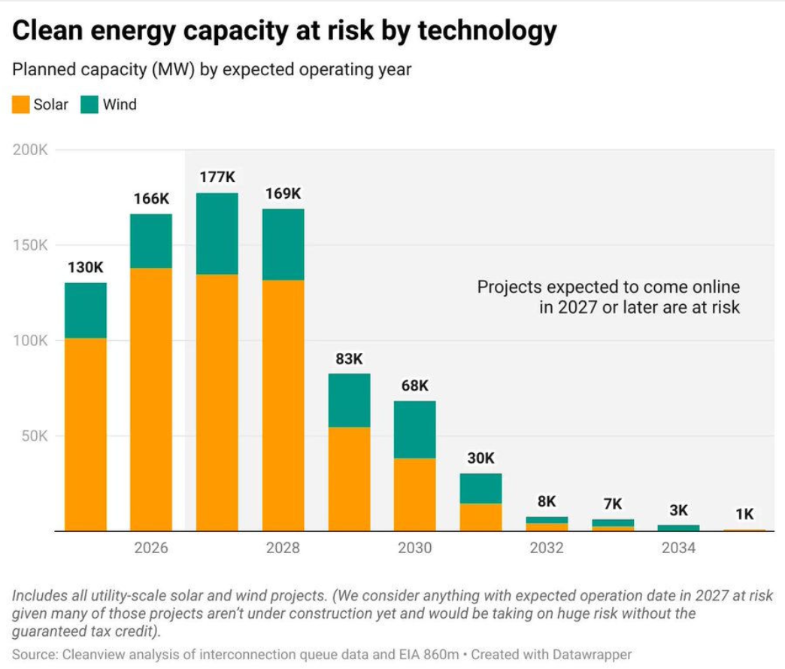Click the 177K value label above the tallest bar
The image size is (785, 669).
click(x=217, y=178)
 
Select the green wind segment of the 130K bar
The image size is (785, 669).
click(x=86, y=310)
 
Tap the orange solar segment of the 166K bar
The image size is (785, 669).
click(x=151, y=399)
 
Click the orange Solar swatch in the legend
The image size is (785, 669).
click(x=20, y=105)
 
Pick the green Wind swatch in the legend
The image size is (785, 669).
click(x=90, y=105)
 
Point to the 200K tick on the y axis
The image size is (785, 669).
click(x=31, y=150)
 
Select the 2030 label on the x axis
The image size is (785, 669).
click(x=414, y=548)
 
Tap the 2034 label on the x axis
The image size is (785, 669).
click(x=678, y=548)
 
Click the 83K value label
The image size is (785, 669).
click(x=349, y=358)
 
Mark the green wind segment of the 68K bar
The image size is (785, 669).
click(x=414, y=429)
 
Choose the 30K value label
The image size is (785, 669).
click(x=480, y=458)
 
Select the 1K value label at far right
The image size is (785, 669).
click(x=744, y=515)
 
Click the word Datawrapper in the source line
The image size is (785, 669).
click(x=593, y=654)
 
